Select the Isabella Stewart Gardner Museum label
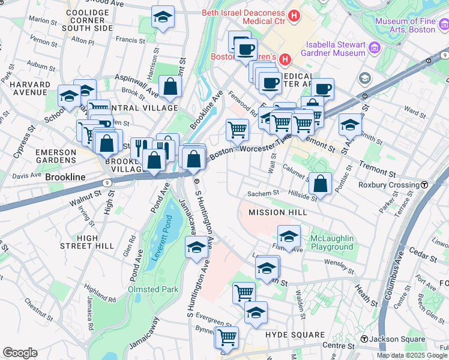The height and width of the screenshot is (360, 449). (335, 49)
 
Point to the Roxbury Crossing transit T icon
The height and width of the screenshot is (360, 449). (424, 185)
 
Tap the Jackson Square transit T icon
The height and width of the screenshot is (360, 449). (364, 340)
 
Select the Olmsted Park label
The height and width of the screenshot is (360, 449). (153, 289)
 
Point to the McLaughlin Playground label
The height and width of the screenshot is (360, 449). (331, 243)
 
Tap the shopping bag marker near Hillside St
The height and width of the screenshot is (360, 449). (322, 183)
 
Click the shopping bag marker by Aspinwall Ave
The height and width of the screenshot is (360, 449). (170, 87)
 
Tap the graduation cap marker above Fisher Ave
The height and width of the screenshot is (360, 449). (289, 236)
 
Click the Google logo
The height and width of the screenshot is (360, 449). (20, 353)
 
